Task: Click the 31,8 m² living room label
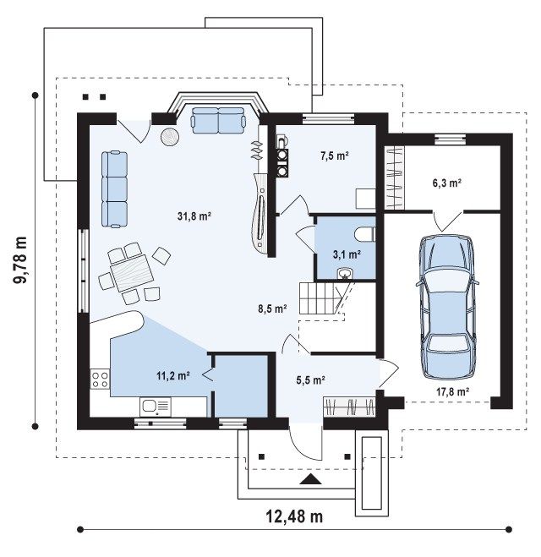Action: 194,216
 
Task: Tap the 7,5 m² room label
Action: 334,156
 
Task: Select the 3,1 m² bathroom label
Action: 347,254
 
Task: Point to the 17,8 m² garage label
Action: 453,392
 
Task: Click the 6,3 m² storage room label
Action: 446,183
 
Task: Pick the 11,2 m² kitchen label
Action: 173,375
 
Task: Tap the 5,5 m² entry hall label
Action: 311,380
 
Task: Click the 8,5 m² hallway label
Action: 272,309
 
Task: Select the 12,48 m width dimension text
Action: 294,516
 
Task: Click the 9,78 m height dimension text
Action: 20,260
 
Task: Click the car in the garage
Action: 446,308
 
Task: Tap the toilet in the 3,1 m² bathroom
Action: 364,234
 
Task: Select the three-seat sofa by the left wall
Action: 114,189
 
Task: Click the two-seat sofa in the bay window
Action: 218,120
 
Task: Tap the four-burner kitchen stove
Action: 100,379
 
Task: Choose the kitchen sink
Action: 156,407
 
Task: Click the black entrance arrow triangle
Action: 311,479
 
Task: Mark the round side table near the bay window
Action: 170,136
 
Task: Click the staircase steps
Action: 317,298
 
